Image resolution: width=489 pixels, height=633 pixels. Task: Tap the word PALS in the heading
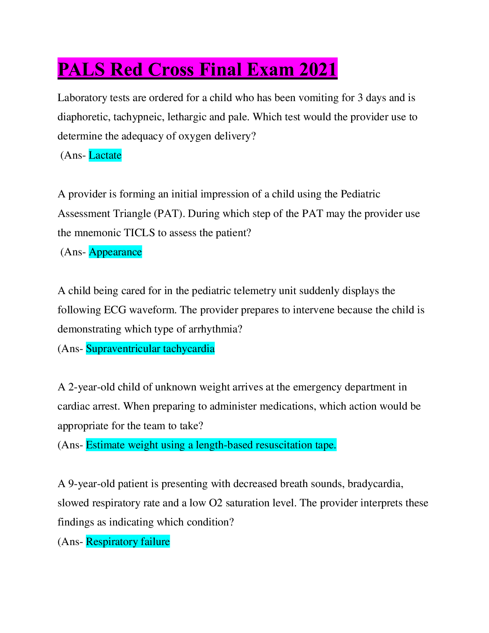coord(81,69)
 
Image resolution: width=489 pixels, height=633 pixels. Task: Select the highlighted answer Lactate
coord(105,155)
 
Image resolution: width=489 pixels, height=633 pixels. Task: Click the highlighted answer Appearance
coord(115,252)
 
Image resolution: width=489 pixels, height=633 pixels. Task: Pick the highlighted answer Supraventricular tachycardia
coord(150,348)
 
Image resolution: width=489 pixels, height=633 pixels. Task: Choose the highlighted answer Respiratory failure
coord(128,541)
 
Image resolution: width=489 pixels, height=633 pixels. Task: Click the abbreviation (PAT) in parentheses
coord(169,213)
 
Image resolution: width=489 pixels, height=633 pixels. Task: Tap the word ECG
coord(115,310)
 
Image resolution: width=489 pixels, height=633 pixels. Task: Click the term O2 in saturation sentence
coord(216,503)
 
